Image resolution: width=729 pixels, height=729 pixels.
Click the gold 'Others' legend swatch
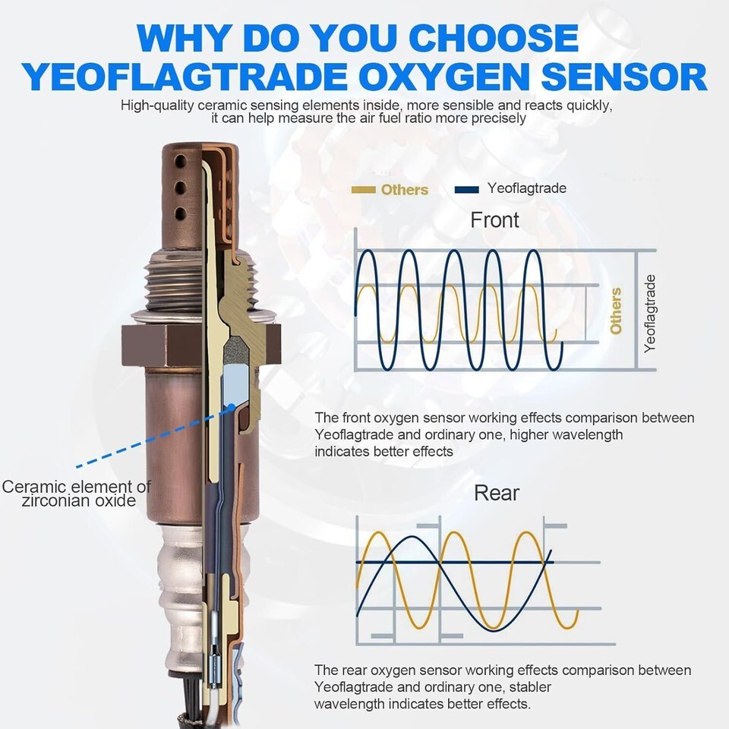363,190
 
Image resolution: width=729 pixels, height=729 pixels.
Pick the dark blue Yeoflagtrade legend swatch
467,190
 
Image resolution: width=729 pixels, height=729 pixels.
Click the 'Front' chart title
494,220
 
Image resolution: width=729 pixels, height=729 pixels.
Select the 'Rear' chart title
497,493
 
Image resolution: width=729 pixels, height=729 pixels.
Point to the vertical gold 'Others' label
616,311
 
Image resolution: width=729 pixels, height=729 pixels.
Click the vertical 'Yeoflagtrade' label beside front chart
649,314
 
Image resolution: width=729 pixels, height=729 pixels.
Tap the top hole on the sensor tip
180,161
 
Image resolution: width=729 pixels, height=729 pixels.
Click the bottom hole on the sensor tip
180,214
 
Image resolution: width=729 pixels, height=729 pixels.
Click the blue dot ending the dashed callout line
231,408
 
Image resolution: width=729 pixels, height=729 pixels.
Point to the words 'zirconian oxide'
78,500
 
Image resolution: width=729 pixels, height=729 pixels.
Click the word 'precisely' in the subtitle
498,118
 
